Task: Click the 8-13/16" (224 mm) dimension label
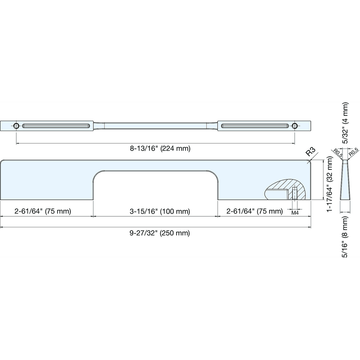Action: click(160, 149)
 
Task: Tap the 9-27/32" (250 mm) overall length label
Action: click(160, 233)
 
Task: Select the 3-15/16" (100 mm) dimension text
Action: click(160, 211)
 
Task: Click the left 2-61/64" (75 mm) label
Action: click(43, 211)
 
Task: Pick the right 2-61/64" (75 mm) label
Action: click(255, 211)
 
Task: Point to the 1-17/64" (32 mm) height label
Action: click(329, 185)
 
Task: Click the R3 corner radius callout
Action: click(311, 152)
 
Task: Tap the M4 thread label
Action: click(295, 213)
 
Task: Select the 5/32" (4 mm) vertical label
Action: click(345, 123)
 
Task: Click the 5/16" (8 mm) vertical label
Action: click(345, 237)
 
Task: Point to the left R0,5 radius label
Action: click(338, 153)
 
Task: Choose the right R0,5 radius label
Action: click(353, 153)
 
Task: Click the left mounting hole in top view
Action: click(16, 126)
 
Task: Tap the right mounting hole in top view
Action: click(295, 126)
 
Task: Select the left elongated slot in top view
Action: click(56, 126)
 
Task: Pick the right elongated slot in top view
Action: click(255, 126)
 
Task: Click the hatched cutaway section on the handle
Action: click(285, 189)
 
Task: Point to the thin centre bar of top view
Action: click(155, 126)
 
